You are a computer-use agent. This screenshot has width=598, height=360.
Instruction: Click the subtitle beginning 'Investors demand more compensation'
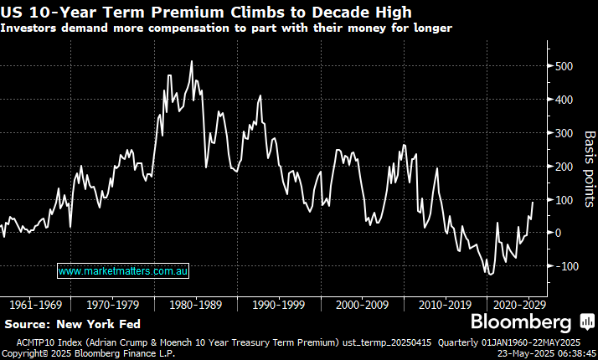[226, 28]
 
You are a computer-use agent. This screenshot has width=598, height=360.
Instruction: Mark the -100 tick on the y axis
[560, 266]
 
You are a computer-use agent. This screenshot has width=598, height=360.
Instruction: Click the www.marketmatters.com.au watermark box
[124, 271]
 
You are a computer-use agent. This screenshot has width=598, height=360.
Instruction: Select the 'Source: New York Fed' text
[72, 324]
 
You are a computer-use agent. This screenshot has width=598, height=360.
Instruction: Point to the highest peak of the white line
[192, 61]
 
